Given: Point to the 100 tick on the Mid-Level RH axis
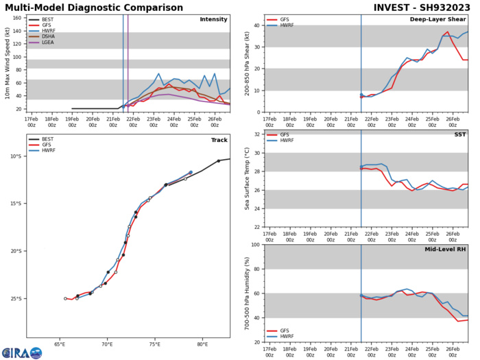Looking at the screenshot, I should [256, 245].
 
